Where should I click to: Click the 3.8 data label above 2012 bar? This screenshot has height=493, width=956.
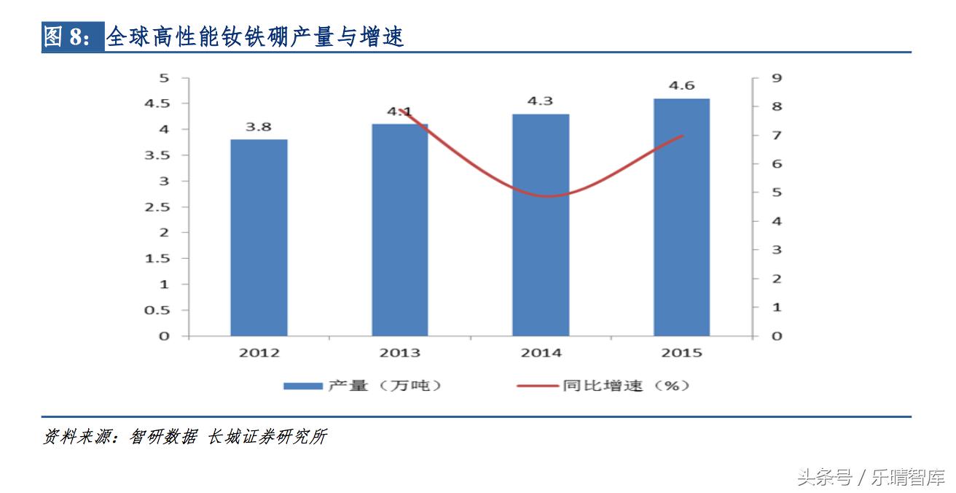pos(258,127)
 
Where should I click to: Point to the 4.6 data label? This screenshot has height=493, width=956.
pos(681,86)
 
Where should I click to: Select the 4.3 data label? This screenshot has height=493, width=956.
pos(540,101)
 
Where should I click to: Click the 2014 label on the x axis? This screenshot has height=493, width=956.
pos(541,353)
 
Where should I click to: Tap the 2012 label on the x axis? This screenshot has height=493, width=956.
pos(259,353)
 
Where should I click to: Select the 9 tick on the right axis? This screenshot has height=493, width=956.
pos(756,78)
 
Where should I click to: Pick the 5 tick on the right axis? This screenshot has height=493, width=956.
pos(756,193)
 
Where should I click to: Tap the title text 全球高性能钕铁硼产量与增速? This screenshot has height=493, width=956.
pos(255,36)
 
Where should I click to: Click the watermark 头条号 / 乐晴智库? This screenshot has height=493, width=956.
pos(870,478)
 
